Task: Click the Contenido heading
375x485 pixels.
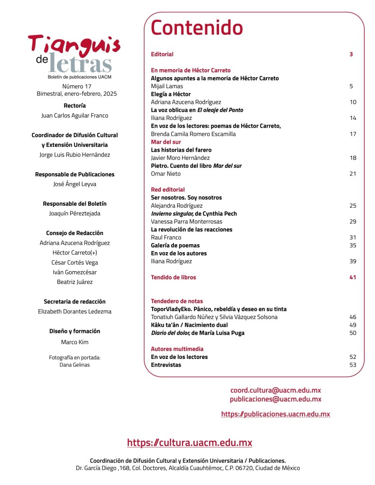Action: [x=197, y=28]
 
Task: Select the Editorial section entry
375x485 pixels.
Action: [x=162, y=54]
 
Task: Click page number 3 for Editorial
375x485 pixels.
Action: [x=351, y=54]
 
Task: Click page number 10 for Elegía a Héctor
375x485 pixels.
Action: [x=353, y=102]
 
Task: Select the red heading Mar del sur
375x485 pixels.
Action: [x=165, y=142]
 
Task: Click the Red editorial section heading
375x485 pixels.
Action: [x=168, y=190]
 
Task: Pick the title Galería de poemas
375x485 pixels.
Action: [x=175, y=246]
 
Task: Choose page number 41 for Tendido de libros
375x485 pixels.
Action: [x=353, y=277]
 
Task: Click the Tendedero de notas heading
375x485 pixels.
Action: [x=177, y=301]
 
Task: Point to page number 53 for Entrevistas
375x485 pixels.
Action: [x=353, y=365]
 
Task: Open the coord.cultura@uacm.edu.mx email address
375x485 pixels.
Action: [x=275, y=390]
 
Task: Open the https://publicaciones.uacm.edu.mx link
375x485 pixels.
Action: [x=275, y=414]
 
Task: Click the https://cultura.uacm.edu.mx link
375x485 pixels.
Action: [x=190, y=443]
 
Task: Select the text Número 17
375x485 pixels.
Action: [x=77, y=86]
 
